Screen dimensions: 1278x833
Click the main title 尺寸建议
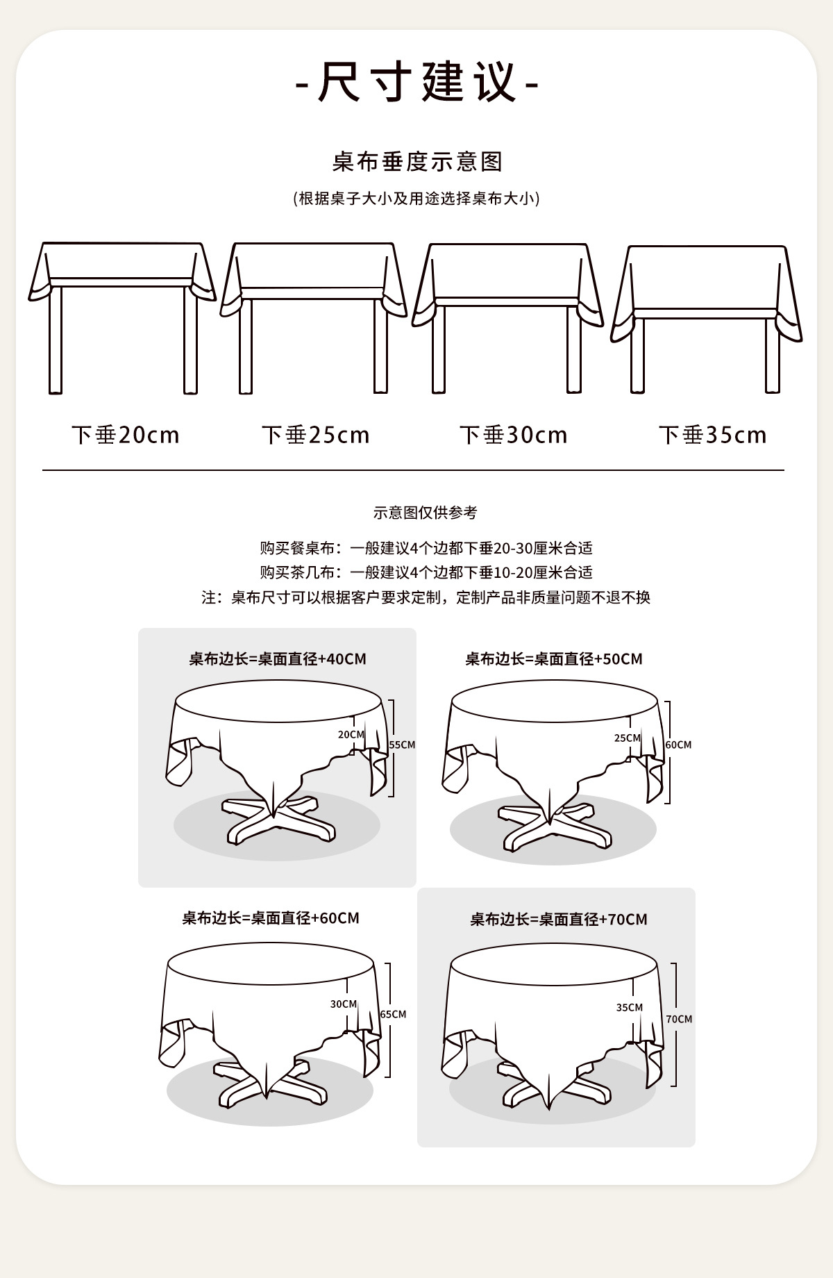pyautogui.click(x=416, y=82)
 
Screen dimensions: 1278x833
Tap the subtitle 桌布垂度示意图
pyautogui.click(x=417, y=162)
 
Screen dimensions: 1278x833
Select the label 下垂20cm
pyautogui.click(x=126, y=435)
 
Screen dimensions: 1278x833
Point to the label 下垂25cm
pyautogui.click(x=316, y=435)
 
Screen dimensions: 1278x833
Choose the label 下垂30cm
pyautogui.click(x=514, y=435)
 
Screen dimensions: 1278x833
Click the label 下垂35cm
pyautogui.click(x=713, y=435)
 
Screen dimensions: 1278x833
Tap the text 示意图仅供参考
pyautogui.click(x=426, y=513)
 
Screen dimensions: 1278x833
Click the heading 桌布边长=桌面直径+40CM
pyautogui.click(x=278, y=658)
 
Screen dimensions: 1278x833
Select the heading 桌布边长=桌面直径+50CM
pyautogui.click(x=554, y=658)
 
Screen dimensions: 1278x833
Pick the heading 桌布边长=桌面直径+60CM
pyautogui.click(x=271, y=918)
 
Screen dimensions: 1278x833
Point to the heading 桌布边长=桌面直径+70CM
pyautogui.click(x=559, y=920)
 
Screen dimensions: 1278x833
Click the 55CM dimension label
pyautogui.click(x=402, y=745)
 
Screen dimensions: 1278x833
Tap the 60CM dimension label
pyautogui.click(x=678, y=745)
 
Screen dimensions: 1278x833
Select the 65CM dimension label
pyautogui.click(x=393, y=1014)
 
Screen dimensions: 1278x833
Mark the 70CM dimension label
pyautogui.click(x=679, y=1019)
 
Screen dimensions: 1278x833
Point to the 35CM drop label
pyautogui.click(x=630, y=1007)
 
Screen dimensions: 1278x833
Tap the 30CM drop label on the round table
pyautogui.click(x=344, y=1004)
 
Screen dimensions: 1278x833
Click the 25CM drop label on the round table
pyautogui.click(x=628, y=738)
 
